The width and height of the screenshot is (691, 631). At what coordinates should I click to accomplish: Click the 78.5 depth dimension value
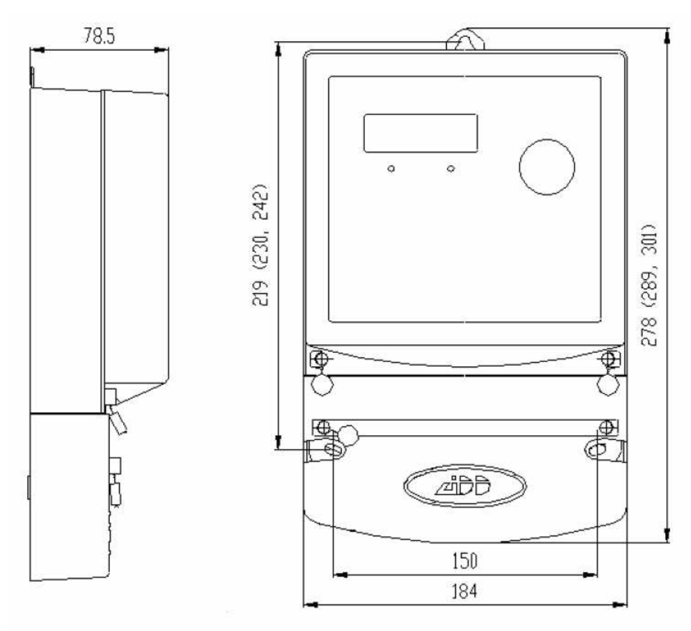(99, 36)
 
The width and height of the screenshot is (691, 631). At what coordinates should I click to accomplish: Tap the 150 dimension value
(465, 561)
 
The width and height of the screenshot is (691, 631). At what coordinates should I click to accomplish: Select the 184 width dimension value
(465, 591)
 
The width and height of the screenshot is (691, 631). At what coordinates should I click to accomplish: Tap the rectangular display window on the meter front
(420, 133)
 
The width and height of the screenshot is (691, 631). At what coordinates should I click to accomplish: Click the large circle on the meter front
(547, 167)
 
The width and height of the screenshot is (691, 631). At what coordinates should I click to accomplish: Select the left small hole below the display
(391, 169)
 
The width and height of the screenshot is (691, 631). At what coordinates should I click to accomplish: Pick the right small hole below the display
(450, 169)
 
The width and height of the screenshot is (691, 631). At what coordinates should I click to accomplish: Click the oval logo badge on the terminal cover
(465, 486)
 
